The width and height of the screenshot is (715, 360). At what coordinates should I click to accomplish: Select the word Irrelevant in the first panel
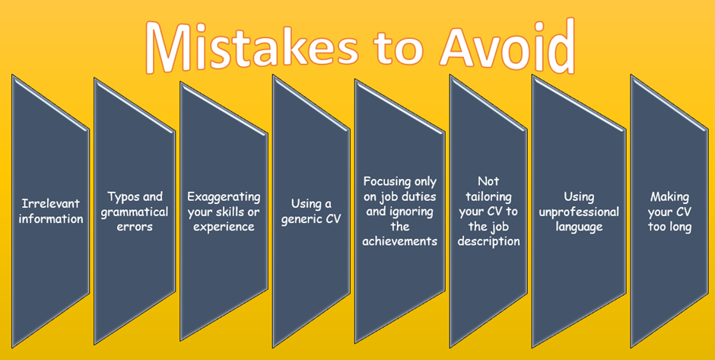coord(51,203)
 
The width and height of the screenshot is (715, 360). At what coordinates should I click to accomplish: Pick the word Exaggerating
coord(224,197)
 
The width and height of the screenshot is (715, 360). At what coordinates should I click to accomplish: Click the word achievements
coord(400,241)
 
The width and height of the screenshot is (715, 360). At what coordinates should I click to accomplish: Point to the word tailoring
coord(489,198)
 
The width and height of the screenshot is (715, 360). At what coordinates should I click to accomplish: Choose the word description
coord(489,241)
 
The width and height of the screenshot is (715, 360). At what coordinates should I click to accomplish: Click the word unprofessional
coord(579,212)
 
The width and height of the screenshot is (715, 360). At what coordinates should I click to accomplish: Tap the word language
coord(579,227)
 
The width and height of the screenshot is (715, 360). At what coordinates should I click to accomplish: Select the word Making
coord(669,198)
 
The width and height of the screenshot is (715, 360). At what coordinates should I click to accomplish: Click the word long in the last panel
coord(679,227)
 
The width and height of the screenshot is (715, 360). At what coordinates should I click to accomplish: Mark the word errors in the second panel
coord(135,227)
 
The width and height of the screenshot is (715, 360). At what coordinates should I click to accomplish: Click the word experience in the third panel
coord(224,227)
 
